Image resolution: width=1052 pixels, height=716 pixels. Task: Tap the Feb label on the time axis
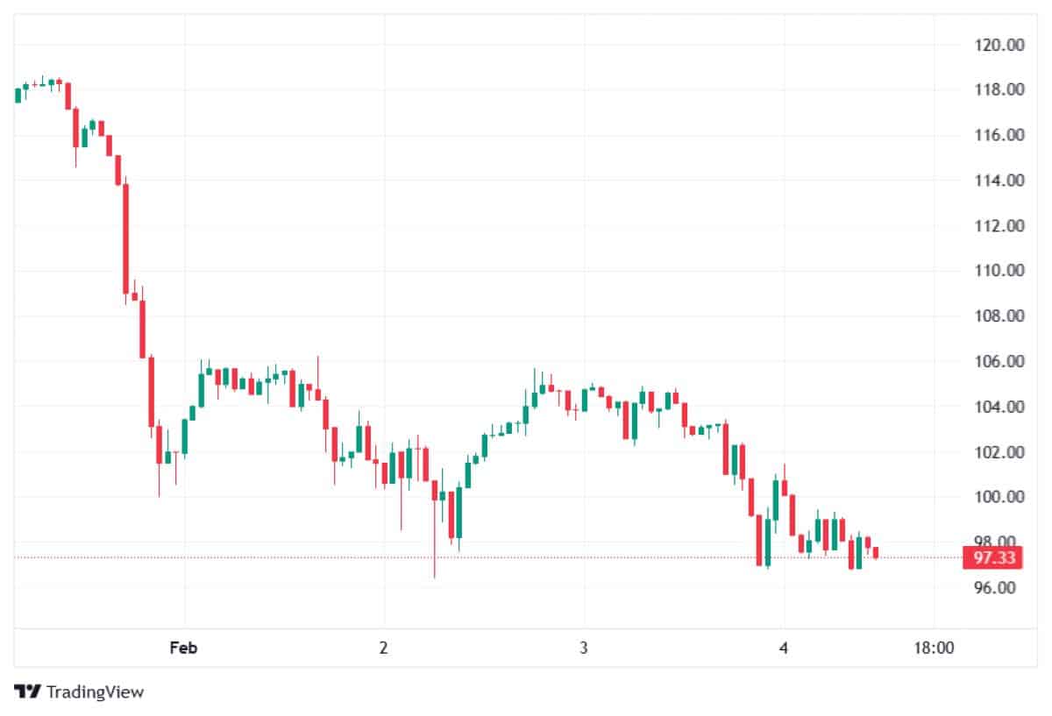click(183, 649)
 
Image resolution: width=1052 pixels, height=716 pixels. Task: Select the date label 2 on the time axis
click(383, 649)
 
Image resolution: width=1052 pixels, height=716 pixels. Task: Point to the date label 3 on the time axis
click(583, 649)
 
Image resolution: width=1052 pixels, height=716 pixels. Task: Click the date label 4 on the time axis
click(783, 649)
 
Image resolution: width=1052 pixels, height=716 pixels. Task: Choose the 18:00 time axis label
click(934, 649)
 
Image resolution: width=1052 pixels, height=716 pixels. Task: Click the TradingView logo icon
click(28, 691)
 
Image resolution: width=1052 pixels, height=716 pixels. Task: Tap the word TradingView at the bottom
click(95, 691)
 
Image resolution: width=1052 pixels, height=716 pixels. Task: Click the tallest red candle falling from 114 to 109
click(125, 238)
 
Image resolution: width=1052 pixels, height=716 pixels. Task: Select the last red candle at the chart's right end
click(876, 552)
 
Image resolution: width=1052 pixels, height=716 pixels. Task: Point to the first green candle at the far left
click(18, 95)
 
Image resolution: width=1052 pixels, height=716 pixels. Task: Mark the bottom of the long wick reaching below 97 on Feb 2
click(434, 577)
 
